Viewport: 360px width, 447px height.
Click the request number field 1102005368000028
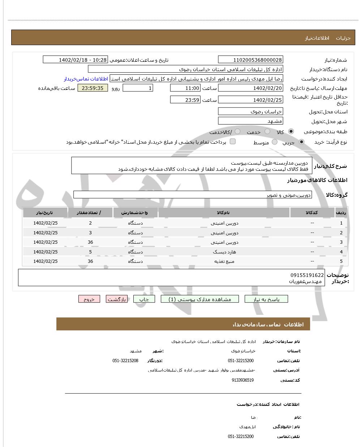point(250,60)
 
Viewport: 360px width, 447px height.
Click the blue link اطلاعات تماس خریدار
point(86,79)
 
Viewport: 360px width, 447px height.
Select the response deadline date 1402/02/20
point(250,88)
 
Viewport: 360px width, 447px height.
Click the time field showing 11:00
point(185,88)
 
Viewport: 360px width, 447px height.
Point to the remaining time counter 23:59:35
point(93,88)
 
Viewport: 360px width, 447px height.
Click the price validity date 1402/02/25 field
point(250,100)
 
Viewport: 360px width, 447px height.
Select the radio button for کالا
point(291,131)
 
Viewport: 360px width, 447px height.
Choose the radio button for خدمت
point(267,131)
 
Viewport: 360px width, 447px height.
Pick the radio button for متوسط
point(275,142)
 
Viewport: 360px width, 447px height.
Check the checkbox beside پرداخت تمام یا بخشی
point(233,141)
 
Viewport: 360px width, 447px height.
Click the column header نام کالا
point(224,213)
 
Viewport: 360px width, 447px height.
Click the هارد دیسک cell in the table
point(224,252)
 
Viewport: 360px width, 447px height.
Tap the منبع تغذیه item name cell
point(224,261)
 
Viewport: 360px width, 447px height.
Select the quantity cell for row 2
point(90,233)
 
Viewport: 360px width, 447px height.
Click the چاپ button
point(144,299)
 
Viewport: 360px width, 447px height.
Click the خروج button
point(89,299)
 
